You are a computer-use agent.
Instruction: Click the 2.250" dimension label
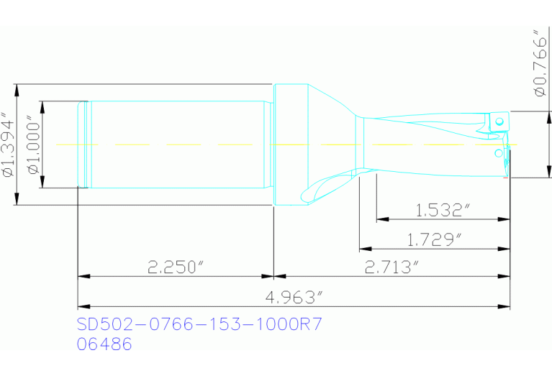175,267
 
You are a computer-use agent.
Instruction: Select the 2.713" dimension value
392,267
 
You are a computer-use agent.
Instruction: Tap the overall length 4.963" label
295,296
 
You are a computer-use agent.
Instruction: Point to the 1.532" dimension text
443,210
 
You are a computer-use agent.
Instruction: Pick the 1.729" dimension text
434,239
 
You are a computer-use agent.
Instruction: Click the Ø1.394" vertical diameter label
8,145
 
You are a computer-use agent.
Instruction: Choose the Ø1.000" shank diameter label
32,145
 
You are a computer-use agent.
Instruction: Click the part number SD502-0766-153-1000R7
199,325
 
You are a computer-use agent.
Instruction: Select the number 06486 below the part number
104,344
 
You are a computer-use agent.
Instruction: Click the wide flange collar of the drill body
291,144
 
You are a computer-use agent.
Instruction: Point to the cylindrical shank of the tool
176,144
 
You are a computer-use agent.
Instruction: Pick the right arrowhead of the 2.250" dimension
268,276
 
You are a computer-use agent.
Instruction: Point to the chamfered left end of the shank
82,144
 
